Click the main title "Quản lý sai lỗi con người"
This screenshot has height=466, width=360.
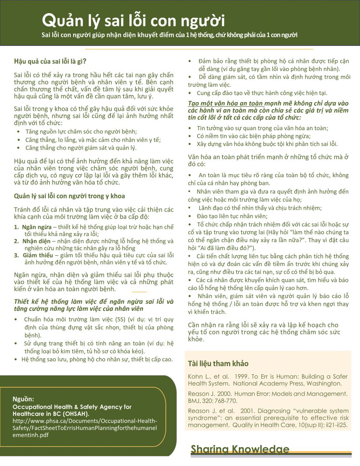pos(133,20)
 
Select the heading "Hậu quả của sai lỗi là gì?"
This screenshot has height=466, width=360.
pos(50,61)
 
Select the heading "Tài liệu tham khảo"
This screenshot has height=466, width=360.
pos(218,363)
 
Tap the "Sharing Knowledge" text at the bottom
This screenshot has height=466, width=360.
pos(240,449)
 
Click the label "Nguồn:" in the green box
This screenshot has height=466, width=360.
pos(23,399)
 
